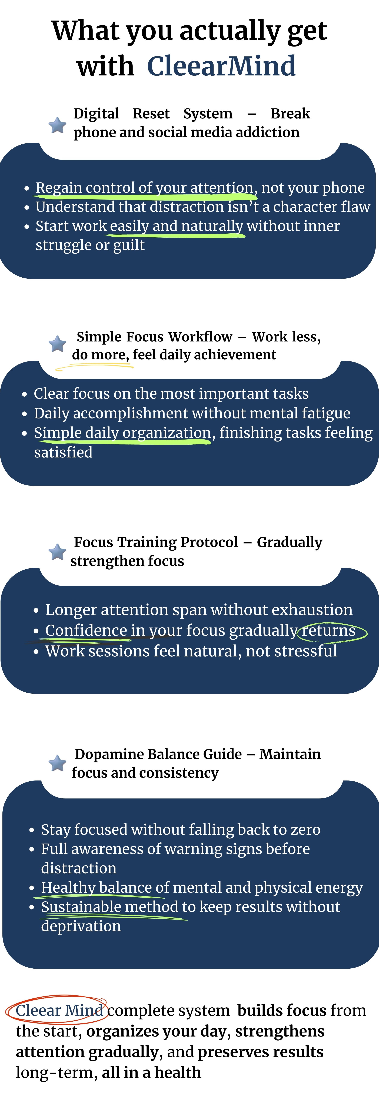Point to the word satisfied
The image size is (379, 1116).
pyautogui.click(x=63, y=452)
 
